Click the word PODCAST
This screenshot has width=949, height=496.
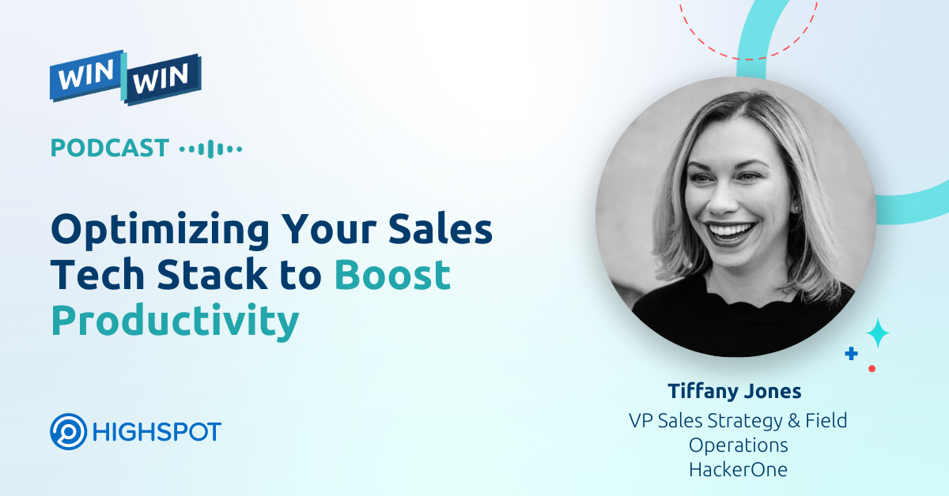coord(110,148)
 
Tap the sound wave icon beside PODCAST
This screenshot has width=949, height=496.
coord(211,148)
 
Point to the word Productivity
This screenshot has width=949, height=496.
coord(175,321)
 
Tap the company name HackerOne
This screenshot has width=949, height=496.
coord(738,469)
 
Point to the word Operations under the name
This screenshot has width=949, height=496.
coord(738,445)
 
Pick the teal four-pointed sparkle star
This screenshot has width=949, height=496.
coord(877,333)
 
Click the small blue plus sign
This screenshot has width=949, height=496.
coord(851,354)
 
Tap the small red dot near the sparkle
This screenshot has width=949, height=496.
coord(871,368)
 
